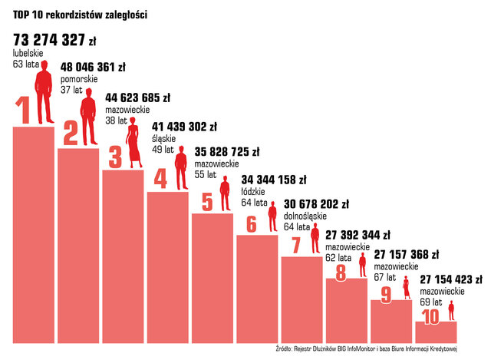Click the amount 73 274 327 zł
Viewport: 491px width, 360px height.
(x=54, y=40)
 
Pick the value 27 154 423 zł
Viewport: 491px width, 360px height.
(x=453, y=279)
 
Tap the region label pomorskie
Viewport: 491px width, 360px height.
(x=80, y=79)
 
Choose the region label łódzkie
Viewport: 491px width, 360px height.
(x=255, y=192)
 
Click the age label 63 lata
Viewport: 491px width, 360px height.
(x=26, y=64)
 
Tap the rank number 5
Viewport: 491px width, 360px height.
(x=207, y=202)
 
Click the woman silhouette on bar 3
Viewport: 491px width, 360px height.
(x=135, y=145)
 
